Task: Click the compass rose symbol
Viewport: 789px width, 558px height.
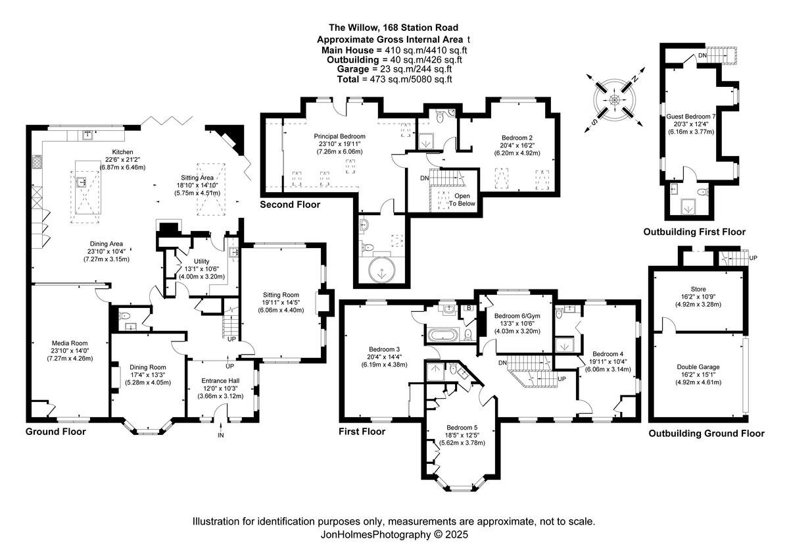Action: pos(614,100)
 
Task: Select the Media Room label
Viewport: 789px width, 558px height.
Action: pos(70,343)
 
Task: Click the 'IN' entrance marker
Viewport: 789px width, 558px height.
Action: pos(221,436)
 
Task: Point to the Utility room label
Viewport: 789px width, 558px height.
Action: pos(201,261)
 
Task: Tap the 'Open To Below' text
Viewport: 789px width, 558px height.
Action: pos(462,200)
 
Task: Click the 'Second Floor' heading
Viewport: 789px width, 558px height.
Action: pos(290,205)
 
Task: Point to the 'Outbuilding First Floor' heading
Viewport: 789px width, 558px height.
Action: pos(694,232)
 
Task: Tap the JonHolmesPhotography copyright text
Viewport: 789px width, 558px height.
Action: pos(394,535)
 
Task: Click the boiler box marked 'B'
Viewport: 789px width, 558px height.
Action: pos(469,307)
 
